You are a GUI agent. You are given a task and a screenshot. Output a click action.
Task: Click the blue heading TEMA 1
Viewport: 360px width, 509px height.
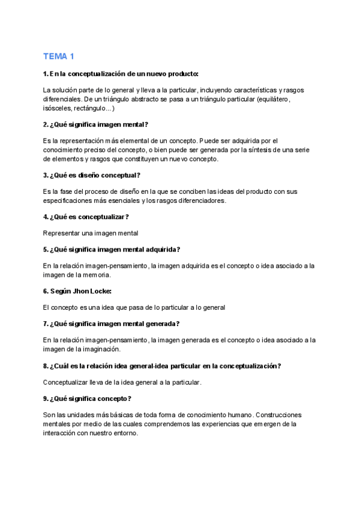pyautogui.click(x=59, y=57)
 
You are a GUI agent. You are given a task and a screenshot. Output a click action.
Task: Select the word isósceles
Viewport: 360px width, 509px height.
pyautogui.click(x=57, y=109)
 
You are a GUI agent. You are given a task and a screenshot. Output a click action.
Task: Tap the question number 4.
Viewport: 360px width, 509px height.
pyautogui.click(x=46, y=217)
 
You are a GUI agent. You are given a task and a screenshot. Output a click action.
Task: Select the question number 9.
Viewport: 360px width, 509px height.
pyautogui.click(x=46, y=399)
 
